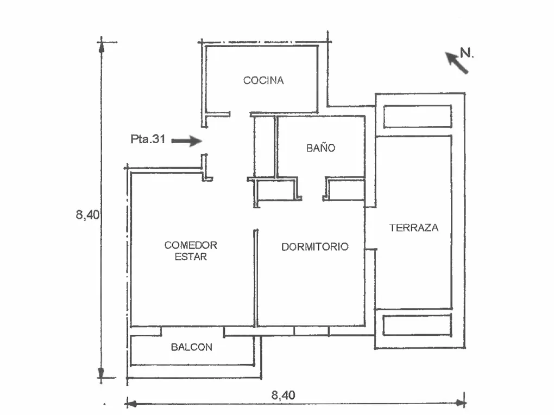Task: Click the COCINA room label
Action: coord(263,80)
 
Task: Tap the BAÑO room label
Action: coord(320,148)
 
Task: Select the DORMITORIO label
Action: coord(315,247)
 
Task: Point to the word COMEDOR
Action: coord(191,245)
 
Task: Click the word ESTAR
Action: coord(191,257)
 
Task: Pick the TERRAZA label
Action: coord(413,228)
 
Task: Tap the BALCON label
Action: coord(191,347)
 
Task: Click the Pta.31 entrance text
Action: coord(148,139)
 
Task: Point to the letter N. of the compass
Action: coord(467,53)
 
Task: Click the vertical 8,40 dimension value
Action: coord(87,214)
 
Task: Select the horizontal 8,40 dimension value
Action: coord(283,395)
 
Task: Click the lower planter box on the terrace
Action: coord(417,325)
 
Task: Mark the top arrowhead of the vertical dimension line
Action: coord(101,47)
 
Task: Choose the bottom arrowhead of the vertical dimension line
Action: coord(101,373)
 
